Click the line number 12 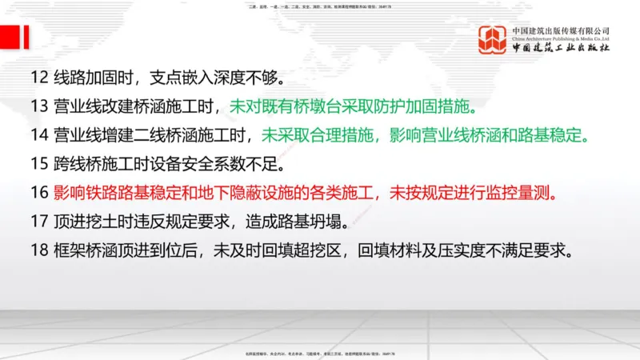click(x=39, y=79)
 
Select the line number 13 click(x=39, y=107)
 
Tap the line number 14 click(x=39, y=135)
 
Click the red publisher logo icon click(x=493, y=41)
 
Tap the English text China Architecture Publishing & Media click(x=561, y=38)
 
